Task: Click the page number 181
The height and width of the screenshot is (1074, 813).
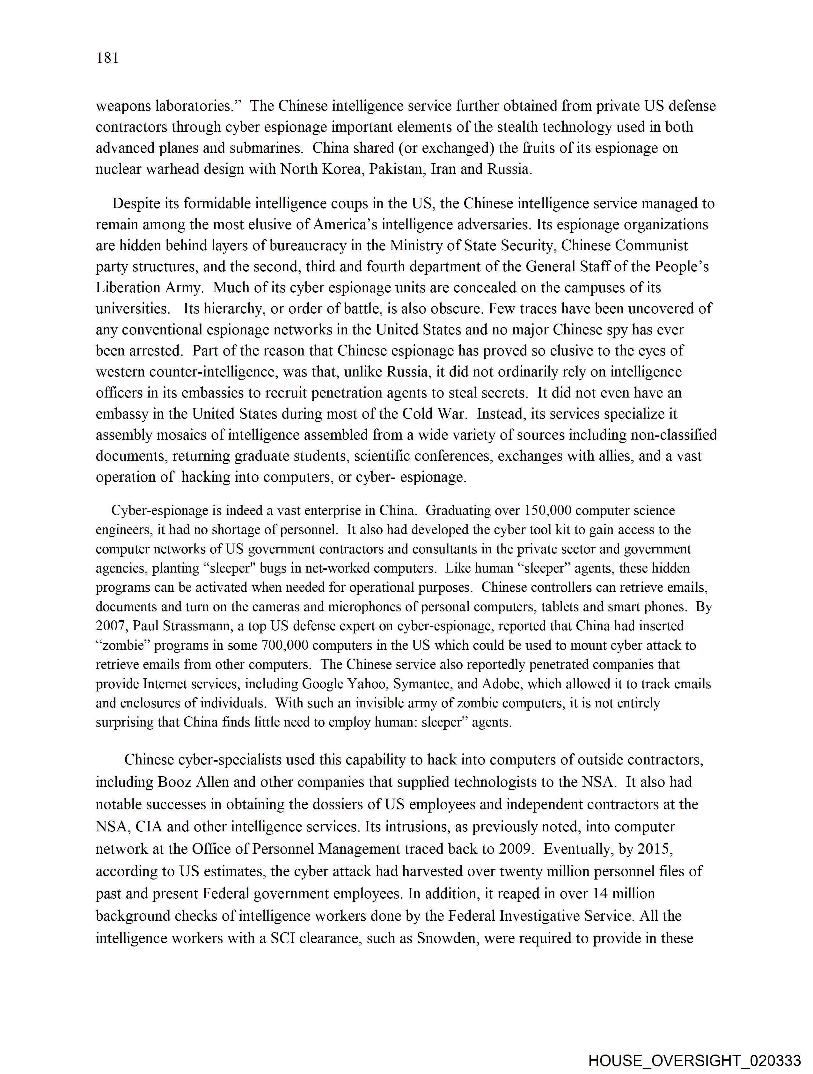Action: (107, 58)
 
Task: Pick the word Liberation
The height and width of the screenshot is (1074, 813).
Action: (127, 288)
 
